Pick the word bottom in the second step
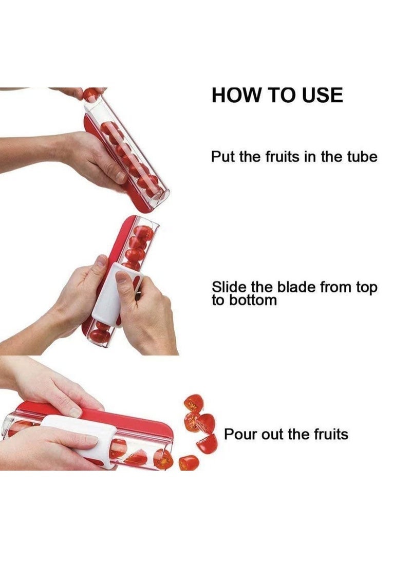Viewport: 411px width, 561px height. (252, 300)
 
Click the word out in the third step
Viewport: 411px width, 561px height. (271, 434)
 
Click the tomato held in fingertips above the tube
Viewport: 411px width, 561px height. (91, 94)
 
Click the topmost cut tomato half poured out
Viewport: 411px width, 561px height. (194, 402)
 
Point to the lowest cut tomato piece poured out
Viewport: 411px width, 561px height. (189, 462)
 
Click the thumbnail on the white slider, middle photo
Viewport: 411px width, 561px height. (122, 278)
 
